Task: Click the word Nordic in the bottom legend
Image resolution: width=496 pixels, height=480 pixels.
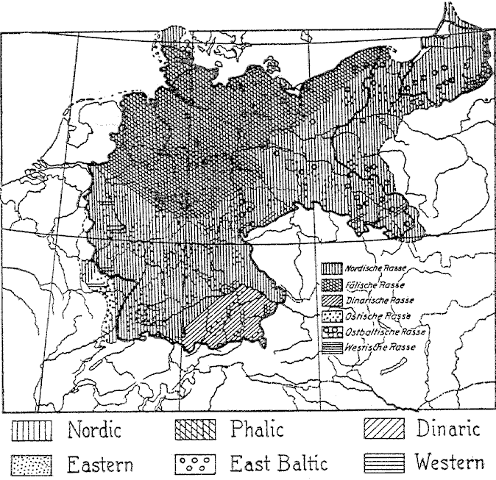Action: pos(94,430)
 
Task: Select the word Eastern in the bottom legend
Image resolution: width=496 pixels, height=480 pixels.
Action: pos(101,464)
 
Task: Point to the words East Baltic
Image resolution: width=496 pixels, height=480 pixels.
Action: pos(275,464)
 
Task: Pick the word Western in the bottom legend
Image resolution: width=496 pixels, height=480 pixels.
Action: pos(450,463)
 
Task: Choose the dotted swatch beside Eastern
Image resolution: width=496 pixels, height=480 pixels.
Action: pos(32,465)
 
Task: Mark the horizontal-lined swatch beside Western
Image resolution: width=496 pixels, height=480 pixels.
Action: pos(385,464)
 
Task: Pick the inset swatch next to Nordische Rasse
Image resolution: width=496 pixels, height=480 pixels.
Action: pos(331,271)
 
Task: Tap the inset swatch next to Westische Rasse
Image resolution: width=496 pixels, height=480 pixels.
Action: pos(331,347)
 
